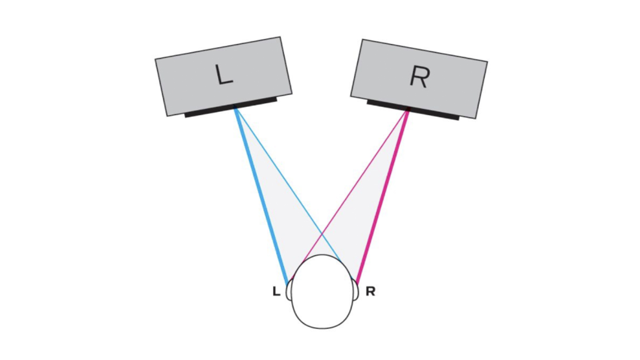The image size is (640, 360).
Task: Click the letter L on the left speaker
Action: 224,75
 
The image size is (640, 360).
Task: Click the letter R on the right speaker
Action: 419,77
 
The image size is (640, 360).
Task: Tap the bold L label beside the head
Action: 276,292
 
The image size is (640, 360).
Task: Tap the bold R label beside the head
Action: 370,292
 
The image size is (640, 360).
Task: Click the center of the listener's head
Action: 322,292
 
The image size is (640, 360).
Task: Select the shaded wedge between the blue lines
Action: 276,200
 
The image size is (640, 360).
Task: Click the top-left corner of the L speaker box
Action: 156,60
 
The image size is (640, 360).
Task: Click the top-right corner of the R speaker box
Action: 487,62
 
